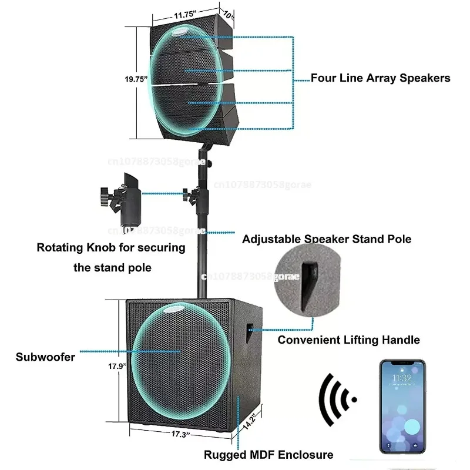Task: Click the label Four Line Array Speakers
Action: (380, 78)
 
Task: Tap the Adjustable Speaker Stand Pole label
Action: (327, 239)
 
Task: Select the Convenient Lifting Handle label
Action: (348, 340)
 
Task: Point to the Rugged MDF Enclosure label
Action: (268, 454)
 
